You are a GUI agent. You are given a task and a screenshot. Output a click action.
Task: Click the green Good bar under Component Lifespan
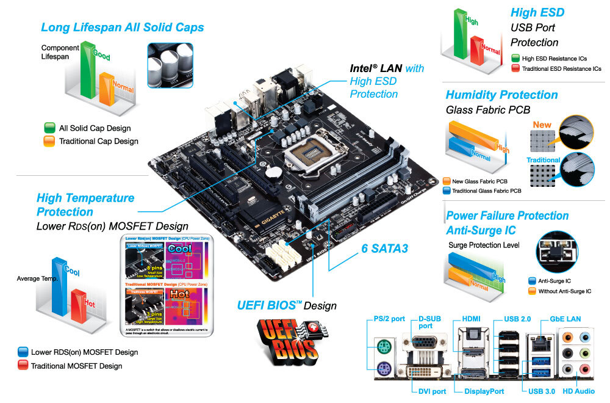click(x=88, y=70)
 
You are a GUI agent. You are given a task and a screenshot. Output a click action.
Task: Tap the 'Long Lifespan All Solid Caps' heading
click(x=123, y=27)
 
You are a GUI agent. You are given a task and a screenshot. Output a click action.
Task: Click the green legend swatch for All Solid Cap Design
click(x=49, y=128)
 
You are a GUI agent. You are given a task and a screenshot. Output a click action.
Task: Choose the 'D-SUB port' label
click(x=434, y=322)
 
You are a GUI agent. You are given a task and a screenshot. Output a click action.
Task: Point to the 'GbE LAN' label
click(x=564, y=319)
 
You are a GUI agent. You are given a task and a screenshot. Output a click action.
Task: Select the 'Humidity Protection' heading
click(x=501, y=95)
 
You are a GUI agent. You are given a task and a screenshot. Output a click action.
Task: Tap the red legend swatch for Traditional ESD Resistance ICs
click(x=515, y=69)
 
